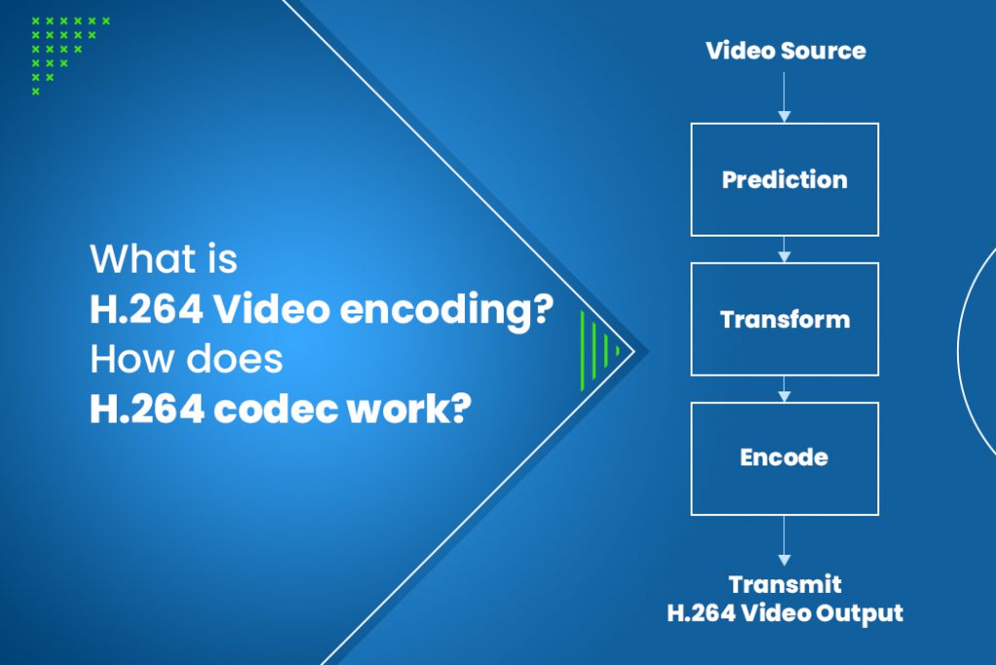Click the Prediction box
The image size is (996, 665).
pos(784,180)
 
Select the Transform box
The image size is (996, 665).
pos(784,319)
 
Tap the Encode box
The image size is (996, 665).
pos(784,458)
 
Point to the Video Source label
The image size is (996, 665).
pos(785,51)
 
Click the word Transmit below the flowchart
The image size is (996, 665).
pos(785,585)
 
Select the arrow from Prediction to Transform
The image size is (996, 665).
pos(784,249)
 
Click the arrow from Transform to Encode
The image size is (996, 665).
pos(784,388)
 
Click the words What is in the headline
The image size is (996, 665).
pos(163,261)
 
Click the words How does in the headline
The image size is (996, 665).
pos(186,360)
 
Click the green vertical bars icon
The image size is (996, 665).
pos(597,344)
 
